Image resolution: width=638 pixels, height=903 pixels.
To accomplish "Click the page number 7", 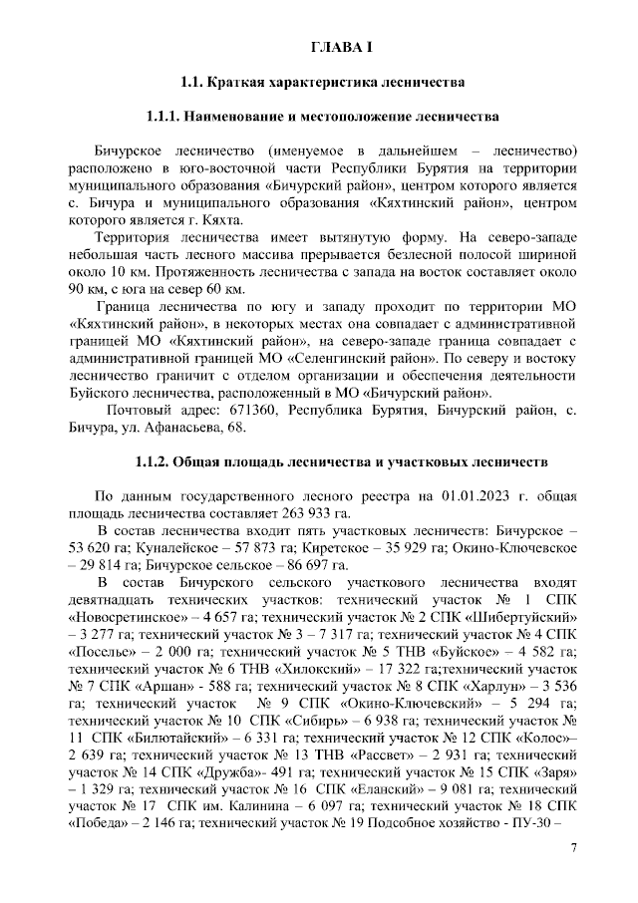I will pyautogui.click(x=573, y=848).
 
